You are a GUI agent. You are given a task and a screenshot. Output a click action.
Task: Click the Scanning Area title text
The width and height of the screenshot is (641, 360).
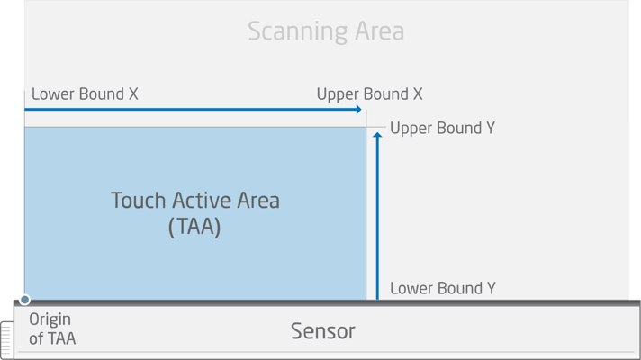pos(326,31)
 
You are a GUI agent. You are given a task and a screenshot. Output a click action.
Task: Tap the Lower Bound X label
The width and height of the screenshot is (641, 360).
pos(85,94)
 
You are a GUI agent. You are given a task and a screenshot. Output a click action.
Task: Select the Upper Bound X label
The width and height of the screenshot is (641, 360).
pos(369,94)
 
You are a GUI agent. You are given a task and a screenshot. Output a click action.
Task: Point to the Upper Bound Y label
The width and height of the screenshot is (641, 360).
pos(442,129)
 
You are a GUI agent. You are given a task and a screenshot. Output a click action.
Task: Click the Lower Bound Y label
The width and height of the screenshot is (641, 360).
pos(442,289)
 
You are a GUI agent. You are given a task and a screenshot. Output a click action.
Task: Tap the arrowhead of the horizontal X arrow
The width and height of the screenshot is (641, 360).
pos(358,110)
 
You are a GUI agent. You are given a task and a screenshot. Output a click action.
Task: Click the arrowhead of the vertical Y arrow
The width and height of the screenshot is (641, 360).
pos(377,136)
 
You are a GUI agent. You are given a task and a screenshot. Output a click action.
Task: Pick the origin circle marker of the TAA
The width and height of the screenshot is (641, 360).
pos(25,300)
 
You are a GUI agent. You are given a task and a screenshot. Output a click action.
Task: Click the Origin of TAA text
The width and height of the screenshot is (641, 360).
pos(51,329)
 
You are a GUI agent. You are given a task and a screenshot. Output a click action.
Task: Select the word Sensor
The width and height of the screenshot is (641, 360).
pos(323,331)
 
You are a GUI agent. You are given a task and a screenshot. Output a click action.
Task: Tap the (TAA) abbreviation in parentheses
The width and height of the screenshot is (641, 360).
pos(194,226)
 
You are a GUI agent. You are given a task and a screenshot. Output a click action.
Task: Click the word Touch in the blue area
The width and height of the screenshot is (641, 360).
pos(135,201)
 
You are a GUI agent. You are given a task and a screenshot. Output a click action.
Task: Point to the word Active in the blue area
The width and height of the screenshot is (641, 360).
pos(199,201)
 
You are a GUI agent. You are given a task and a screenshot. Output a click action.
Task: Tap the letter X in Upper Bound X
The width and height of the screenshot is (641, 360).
pos(418,94)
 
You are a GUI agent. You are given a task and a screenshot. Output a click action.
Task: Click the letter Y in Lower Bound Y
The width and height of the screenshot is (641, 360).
pos(491,289)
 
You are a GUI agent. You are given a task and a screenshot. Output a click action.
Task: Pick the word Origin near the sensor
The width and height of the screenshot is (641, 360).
pos(50,319)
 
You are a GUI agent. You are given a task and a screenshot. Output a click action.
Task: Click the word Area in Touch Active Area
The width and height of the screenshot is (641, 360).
pos(257,201)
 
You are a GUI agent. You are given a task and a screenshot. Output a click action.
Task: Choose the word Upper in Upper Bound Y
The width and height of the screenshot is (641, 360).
pos(411,129)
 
